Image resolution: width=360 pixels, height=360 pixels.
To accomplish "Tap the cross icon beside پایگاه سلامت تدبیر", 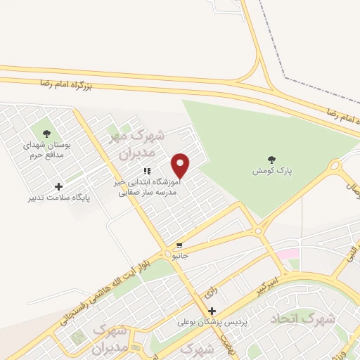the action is click(x=58, y=186).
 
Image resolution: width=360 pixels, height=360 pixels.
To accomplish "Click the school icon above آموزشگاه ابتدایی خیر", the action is click(x=147, y=171).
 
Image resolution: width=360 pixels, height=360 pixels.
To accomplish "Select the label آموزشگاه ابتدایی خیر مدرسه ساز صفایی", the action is click(x=147, y=186).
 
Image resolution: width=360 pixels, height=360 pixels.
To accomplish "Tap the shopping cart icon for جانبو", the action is click(x=180, y=246).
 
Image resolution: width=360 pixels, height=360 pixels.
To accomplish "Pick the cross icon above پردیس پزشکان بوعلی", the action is click(x=212, y=310).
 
